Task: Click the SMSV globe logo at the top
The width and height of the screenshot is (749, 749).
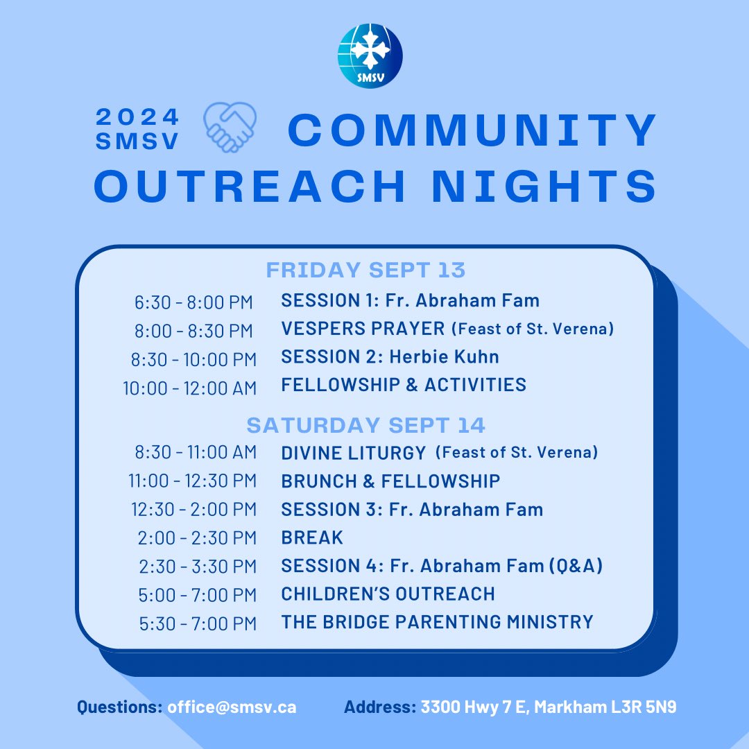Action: click(370, 55)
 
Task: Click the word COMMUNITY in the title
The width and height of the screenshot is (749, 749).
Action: click(472, 130)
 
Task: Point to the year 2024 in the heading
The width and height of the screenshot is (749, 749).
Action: click(137, 117)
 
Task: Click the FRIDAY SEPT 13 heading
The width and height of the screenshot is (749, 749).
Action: click(365, 270)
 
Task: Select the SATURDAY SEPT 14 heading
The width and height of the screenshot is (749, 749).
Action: click(365, 424)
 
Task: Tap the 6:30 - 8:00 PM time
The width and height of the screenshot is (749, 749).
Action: click(193, 302)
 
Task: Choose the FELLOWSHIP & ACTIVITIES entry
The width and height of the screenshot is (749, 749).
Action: click(404, 385)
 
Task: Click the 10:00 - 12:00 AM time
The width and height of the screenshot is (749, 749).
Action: click(189, 388)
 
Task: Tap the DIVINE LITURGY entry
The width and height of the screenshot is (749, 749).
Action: click(353, 454)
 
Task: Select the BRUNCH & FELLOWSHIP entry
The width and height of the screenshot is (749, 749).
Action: click(390, 481)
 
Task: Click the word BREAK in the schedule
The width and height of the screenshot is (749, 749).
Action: click(312, 538)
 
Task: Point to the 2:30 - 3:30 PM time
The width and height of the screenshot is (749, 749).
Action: click(198, 567)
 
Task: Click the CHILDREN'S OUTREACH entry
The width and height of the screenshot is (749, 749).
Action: click(388, 594)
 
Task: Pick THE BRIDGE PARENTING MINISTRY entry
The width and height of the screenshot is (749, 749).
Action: click(437, 622)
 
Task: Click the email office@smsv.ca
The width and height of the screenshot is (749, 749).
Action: click(232, 708)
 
